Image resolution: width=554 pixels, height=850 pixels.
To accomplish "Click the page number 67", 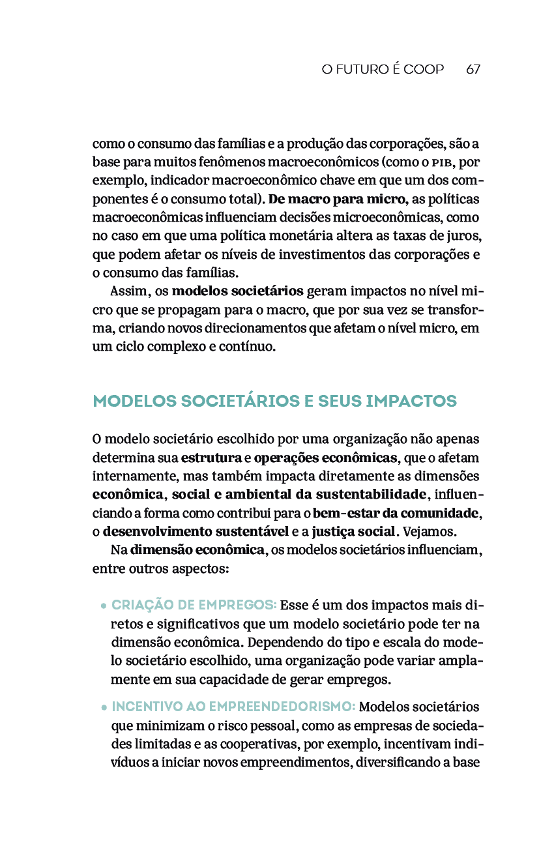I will point(473,69).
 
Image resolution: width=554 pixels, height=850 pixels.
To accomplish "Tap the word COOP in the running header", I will point(424,69).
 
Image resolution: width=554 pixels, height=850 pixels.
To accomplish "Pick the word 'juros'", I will point(466,235).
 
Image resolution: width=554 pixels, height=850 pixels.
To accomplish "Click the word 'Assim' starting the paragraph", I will point(131,291).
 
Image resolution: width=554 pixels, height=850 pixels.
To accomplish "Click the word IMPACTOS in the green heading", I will point(411,402).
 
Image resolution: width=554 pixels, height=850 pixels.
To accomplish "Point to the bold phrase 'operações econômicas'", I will point(325,457).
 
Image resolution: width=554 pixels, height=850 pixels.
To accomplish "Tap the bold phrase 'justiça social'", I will point(355,531).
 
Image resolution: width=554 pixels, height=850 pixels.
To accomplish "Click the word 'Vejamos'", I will point(426,531).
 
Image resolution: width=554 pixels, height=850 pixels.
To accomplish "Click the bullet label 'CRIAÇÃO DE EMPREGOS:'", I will point(194,605).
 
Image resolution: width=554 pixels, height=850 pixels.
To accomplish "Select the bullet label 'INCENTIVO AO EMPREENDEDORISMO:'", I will point(233,707).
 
